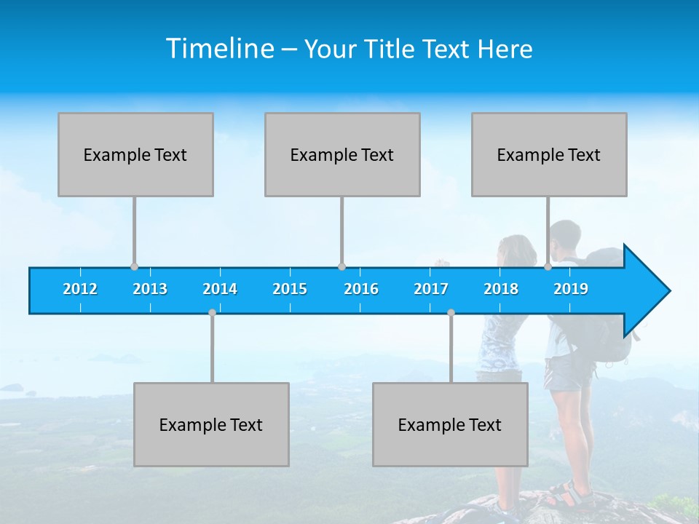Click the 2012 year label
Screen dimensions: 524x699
80,289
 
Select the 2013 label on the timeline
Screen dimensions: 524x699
150,289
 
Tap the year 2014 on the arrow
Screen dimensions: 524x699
220,289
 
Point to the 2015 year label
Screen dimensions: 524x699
290,289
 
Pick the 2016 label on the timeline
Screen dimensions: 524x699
361,289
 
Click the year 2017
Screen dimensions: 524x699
431,289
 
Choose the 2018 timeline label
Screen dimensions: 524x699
501,289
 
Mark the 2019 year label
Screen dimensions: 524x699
571,289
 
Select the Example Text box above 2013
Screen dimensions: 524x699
135,154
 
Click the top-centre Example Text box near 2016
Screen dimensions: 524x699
342,154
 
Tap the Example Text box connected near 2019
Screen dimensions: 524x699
549,154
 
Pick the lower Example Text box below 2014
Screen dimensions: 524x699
211,424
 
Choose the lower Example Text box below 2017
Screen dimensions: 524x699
450,424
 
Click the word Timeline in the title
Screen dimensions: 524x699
220,48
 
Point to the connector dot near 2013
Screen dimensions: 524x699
134,266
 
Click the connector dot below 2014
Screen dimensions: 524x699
212,312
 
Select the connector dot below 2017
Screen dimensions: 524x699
451,312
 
